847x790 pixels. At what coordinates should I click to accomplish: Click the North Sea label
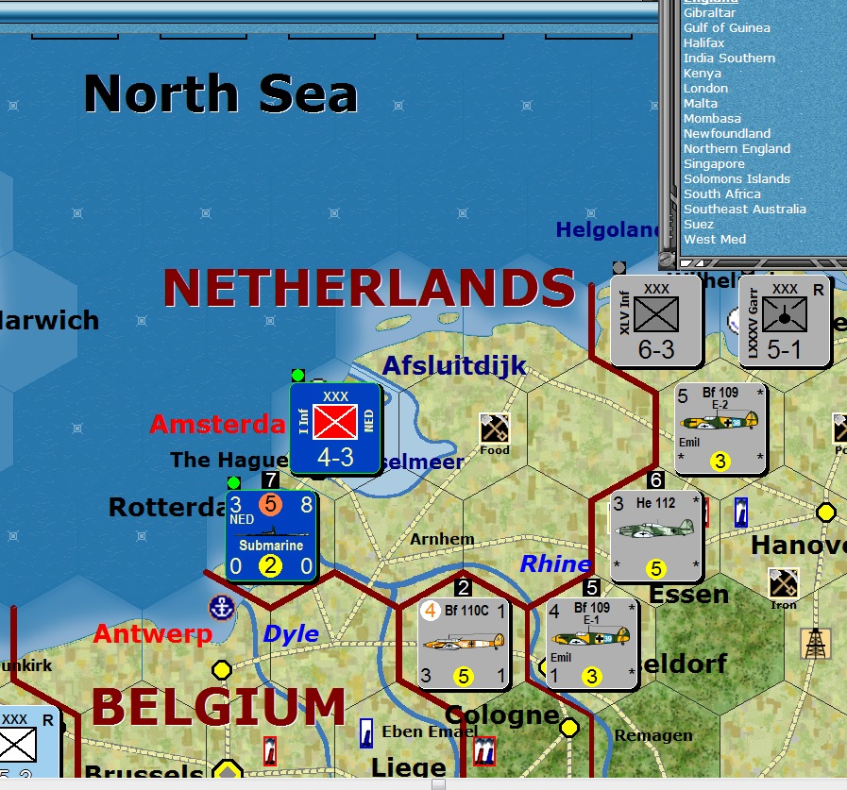(221, 94)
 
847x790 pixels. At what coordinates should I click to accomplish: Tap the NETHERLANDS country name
(368, 288)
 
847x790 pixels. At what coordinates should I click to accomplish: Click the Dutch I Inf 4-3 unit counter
(335, 429)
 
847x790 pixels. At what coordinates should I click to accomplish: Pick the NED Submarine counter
(271, 536)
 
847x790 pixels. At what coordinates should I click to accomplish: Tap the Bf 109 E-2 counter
(720, 428)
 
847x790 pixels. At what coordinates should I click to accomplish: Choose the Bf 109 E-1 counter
(592, 643)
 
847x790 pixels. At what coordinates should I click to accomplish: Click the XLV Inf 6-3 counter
(655, 321)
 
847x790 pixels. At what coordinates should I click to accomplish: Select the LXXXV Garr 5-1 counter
(784, 321)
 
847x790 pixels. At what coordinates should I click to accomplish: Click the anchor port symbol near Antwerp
(221, 608)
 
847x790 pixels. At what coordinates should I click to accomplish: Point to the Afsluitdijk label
(454, 365)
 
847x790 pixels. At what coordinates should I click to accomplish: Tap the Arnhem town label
(442, 539)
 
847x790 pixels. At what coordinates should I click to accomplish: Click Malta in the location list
(701, 103)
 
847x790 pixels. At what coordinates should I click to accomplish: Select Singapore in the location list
(714, 163)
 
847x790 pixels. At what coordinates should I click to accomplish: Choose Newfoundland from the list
(727, 133)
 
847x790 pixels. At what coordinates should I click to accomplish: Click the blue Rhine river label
(555, 563)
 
